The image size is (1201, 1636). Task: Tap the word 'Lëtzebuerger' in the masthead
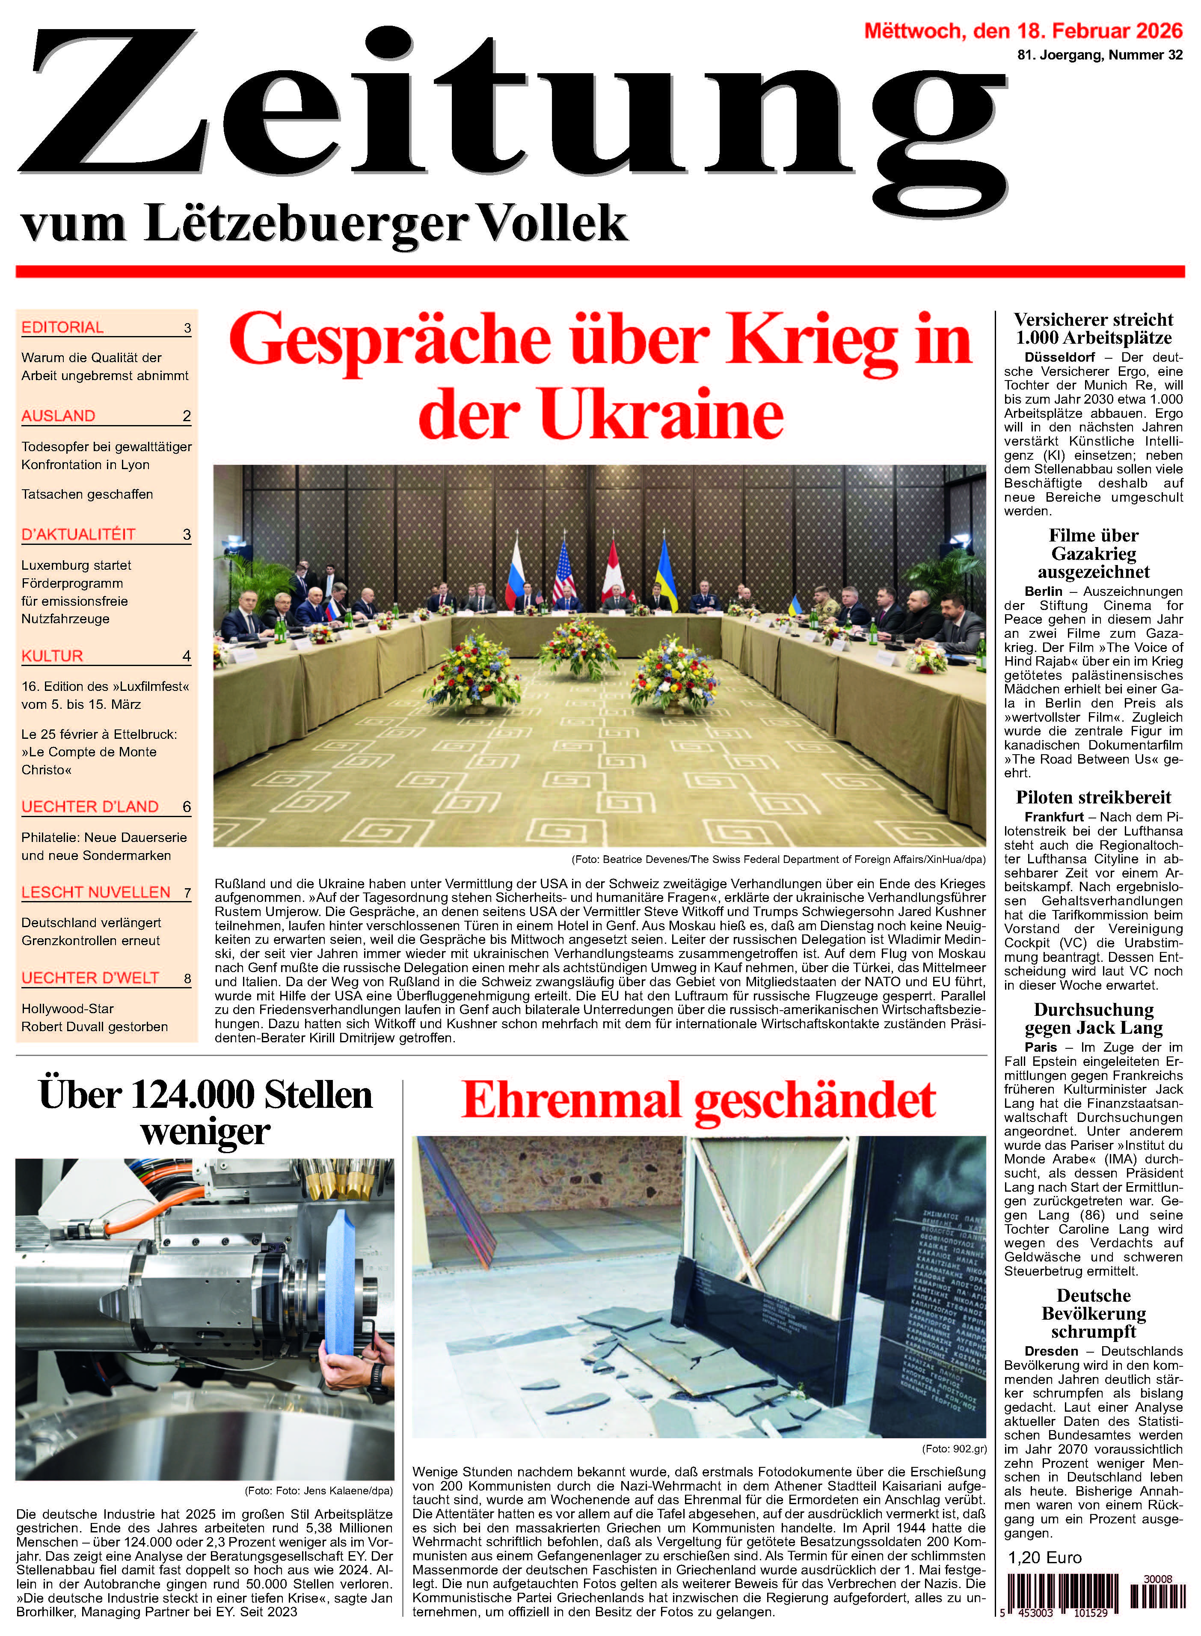coord(306,224)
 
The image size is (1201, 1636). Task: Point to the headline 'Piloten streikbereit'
coord(1094,797)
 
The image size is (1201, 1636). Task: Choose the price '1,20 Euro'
coord(1044,1558)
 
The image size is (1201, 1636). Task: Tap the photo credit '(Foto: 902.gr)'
coord(954,1449)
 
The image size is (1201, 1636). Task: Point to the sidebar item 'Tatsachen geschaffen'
coord(87,494)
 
